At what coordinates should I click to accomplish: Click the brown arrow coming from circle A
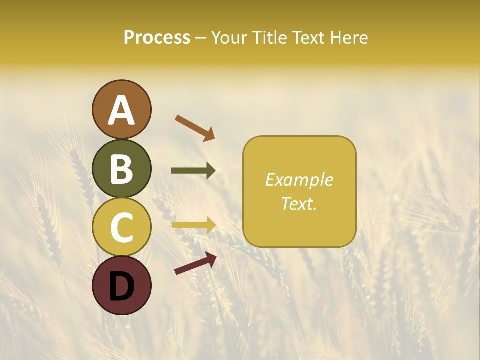(195, 128)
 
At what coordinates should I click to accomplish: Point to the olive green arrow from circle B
(193, 171)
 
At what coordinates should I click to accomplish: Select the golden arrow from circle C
(193, 225)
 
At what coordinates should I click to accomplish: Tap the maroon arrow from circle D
(195, 263)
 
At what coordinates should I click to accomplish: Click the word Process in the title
(157, 38)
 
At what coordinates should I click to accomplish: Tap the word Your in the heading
(230, 38)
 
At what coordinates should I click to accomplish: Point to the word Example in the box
(299, 180)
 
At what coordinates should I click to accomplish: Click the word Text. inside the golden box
(299, 203)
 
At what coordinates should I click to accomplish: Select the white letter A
(121, 111)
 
